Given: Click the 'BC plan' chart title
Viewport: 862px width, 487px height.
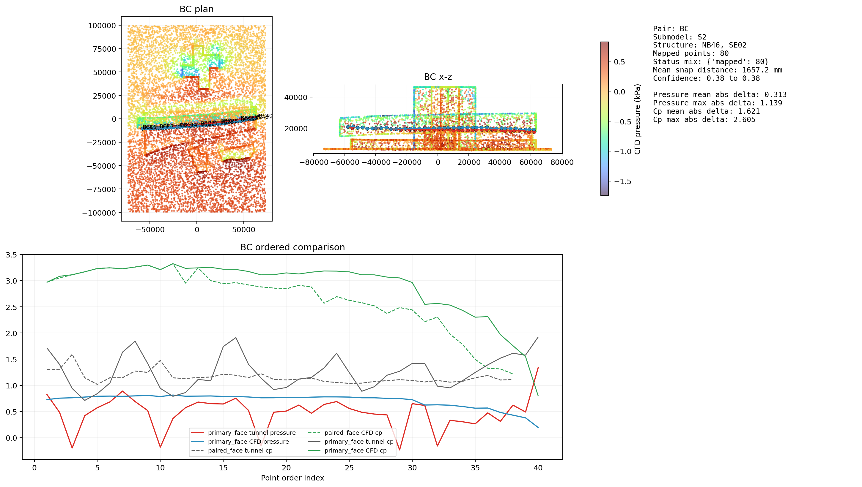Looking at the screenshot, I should [196, 9].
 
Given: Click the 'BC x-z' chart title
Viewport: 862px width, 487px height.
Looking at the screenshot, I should [438, 77].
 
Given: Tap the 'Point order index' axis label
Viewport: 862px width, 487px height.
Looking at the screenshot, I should [292, 477].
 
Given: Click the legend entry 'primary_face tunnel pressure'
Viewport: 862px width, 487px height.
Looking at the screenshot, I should [251, 433].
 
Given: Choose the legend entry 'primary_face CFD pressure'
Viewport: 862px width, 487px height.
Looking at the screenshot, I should [248, 442].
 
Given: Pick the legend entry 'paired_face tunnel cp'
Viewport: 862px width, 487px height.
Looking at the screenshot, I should [240, 450].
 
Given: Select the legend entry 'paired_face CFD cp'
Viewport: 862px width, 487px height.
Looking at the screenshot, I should [353, 433].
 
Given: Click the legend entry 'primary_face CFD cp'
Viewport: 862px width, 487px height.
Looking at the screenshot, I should [355, 450].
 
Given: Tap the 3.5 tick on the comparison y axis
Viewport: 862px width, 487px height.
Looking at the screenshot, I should [11, 255].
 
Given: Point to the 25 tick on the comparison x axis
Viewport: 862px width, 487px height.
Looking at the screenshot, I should [349, 468].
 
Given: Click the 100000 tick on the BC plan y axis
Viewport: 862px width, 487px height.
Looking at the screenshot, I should [102, 26].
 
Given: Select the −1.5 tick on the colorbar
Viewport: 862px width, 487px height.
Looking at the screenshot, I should [622, 182].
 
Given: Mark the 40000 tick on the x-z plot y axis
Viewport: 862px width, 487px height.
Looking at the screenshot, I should [295, 97].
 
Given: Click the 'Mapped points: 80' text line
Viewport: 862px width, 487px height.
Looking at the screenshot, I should [690, 53].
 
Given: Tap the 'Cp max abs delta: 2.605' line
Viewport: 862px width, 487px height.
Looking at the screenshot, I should [704, 120].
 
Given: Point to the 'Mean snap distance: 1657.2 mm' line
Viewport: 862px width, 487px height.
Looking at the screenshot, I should [717, 70].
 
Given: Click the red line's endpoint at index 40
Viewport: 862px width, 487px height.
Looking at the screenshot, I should [538, 368].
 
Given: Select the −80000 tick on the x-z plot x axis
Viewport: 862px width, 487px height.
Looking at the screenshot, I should [314, 162].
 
